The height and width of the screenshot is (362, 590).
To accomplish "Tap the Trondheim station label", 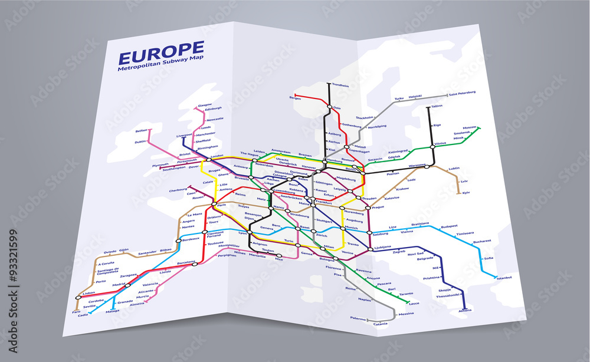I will pyautogui.click(x=340, y=85).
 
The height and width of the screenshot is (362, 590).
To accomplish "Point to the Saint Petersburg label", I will pyautogui.click(x=462, y=94).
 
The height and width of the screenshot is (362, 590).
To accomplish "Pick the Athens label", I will pyautogui.click(x=465, y=310).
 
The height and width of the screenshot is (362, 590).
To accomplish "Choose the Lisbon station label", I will pyautogui.click(x=89, y=292).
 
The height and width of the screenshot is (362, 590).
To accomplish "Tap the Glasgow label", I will pyautogui.click(x=205, y=104).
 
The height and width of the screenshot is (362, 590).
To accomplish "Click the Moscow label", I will pyautogui.click(x=470, y=127).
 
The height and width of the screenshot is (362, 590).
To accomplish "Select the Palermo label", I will pyautogui.click(x=358, y=318).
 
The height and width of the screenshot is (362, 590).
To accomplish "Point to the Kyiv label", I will pyautogui.click(x=466, y=193).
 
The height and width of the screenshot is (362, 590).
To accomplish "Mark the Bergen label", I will pyautogui.click(x=295, y=98).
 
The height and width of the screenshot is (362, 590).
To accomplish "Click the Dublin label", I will pyautogui.click(x=140, y=141).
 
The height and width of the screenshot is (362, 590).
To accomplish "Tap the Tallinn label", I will pyautogui.click(x=437, y=106).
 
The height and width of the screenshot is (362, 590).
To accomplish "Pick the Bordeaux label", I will pyautogui.click(x=191, y=239).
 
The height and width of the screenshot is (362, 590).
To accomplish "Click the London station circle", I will pyautogui.click(x=208, y=160).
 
